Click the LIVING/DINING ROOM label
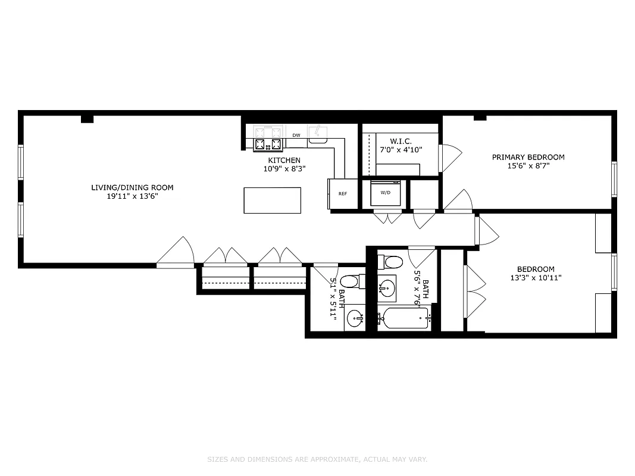click(x=132, y=187)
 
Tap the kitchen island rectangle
click(x=272, y=201)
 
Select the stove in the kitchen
click(x=268, y=143)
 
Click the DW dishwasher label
click(x=296, y=135)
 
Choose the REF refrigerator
click(x=343, y=194)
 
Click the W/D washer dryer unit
click(x=385, y=192)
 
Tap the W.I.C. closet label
click(x=401, y=141)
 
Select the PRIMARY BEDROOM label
click(x=528, y=157)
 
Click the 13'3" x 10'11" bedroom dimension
click(x=535, y=277)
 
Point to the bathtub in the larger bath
click(x=405, y=319)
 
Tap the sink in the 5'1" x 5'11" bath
click(x=355, y=319)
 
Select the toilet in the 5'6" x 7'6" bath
click(x=393, y=262)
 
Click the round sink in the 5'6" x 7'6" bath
click(x=387, y=290)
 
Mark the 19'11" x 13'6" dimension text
click(x=132, y=196)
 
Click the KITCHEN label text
click(x=284, y=160)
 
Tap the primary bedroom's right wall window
click(x=614, y=179)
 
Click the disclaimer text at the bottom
click(x=317, y=459)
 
